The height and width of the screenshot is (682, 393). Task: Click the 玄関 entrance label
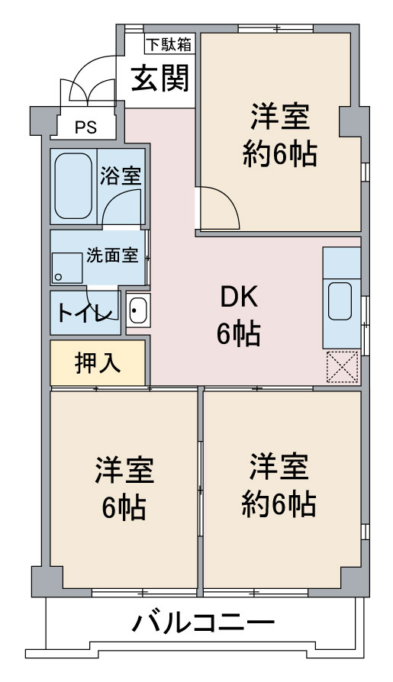pos(160,79)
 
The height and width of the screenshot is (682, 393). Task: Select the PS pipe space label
pos(85,127)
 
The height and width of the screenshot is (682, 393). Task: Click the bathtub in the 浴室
pos(73,185)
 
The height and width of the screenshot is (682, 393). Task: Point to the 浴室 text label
pos(121,175)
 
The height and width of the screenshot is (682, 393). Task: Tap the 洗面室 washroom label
pos(112,256)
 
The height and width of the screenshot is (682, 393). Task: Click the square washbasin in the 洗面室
pos(67,268)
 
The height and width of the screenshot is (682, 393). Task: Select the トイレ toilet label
pos(85,313)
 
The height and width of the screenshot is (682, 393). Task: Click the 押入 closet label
pos(97,363)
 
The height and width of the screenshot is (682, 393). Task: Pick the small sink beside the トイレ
pos(138,310)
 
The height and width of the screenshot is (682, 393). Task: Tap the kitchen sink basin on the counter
pos(340,301)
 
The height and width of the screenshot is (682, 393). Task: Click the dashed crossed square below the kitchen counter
pos(343,367)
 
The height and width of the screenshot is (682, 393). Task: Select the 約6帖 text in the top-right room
pos(279,154)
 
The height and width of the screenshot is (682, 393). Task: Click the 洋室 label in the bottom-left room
pos(124,470)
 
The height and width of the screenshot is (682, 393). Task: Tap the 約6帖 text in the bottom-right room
pos(279,504)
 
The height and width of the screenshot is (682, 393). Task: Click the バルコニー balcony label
pos(203,622)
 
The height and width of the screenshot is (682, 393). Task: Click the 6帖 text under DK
pos(239,334)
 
